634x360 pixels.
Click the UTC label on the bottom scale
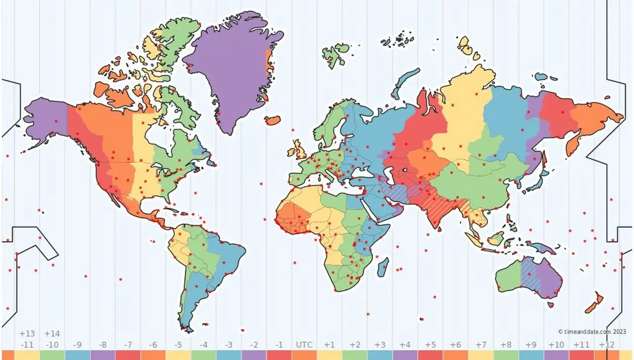(304, 344)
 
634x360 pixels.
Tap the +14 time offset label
(52, 333)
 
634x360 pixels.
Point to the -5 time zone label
(177, 344)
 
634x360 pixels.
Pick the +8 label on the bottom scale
(506, 344)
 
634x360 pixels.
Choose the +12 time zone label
(606, 344)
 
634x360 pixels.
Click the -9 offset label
(77, 344)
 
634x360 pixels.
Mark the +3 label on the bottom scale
(379, 344)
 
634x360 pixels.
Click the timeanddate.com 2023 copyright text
(592, 332)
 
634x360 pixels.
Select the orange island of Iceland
(272, 120)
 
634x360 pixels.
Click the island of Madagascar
(383, 267)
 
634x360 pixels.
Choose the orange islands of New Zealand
(594, 302)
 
